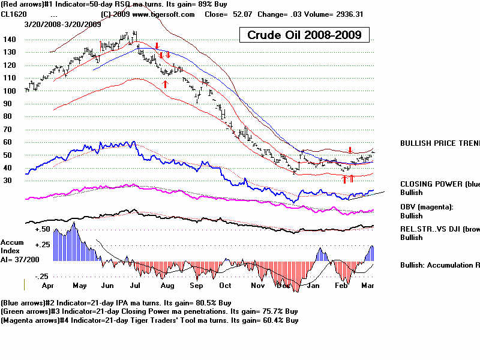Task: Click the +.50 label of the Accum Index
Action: tap(42, 229)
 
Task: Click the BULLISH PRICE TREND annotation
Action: tap(440, 143)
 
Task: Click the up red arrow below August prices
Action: tap(165, 84)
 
